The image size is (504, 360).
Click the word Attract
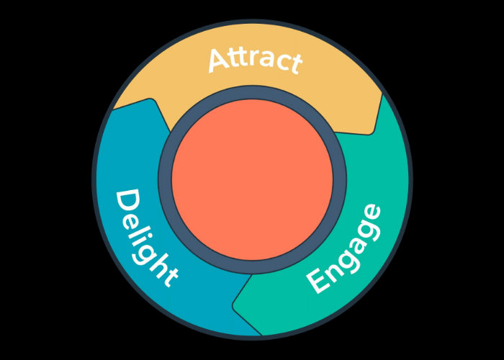(253, 60)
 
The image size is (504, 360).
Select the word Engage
(344, 249)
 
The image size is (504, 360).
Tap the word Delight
(146, 238)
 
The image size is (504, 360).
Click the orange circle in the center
(252, 180)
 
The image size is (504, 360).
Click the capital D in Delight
(127, 202)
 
